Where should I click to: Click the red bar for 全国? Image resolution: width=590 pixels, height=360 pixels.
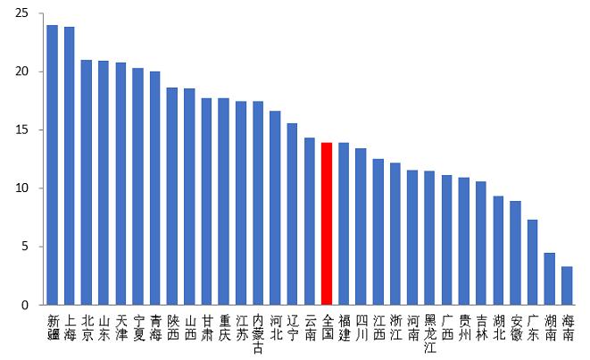(x=328, y=223)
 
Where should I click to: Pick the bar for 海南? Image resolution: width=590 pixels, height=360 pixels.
(x=567, y=286)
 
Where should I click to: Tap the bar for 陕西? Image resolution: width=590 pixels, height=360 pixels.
(x=172, y=197)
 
